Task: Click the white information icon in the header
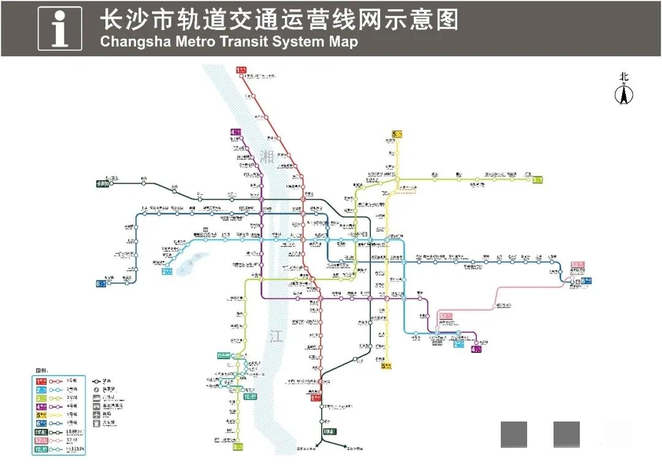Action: coord(59,28)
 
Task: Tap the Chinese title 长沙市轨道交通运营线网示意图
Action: coord(279,20)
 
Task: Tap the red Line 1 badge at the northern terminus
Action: coord(241,71)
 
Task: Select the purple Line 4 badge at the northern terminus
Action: coord(237,132)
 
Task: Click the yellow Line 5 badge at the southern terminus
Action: coord(387,366)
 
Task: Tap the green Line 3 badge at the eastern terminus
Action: coord(538,180)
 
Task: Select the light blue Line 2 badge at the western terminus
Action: coord(167,271)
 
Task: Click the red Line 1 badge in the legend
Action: coord(42,380)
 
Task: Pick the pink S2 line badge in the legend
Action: coord(42,440)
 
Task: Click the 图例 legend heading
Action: coord(41,371)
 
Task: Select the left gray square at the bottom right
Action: coord(514,434)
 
